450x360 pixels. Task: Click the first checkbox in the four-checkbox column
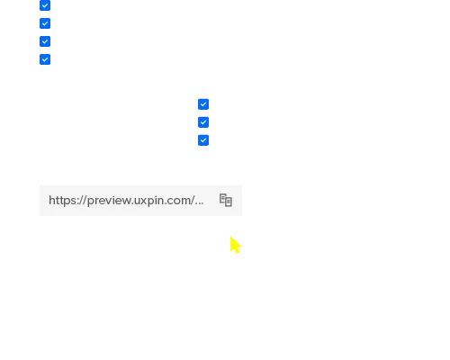[45, 5]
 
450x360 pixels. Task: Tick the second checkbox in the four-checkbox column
[45, 23]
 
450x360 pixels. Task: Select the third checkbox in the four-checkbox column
[45, 41]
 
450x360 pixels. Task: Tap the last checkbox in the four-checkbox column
[45, 59]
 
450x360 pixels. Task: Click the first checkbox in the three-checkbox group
[203, 104]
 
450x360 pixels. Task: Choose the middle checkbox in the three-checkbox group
[203, 122]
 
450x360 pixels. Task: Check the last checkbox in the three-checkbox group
[203, 140]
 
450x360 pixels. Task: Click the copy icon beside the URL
[226, 200]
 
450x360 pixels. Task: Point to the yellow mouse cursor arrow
[235, 245]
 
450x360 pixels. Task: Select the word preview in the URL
[109, 201]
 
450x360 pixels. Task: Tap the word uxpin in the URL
[147, 201]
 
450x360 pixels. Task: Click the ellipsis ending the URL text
[199, 203]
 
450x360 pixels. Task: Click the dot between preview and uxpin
[132, 203]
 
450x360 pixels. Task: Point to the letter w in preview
[126, 201]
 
